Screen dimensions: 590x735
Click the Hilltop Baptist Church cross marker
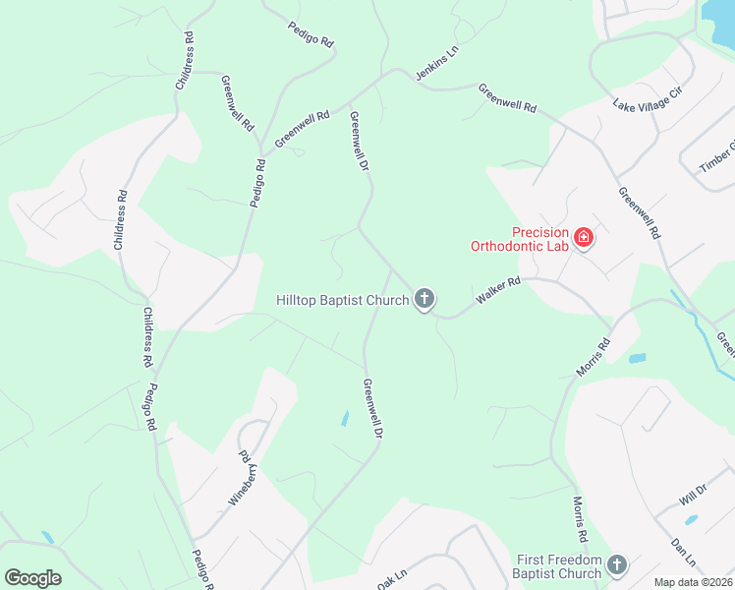424,299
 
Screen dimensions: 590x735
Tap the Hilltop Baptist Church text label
342,300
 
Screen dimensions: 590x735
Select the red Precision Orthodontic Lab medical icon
584,238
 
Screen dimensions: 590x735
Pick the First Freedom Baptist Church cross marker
617,564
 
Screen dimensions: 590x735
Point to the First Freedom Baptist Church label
558,566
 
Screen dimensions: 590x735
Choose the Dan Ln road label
683,551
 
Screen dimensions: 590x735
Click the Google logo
32,578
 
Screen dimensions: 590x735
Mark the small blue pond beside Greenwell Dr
345,418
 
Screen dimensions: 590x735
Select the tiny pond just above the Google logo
47,538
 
